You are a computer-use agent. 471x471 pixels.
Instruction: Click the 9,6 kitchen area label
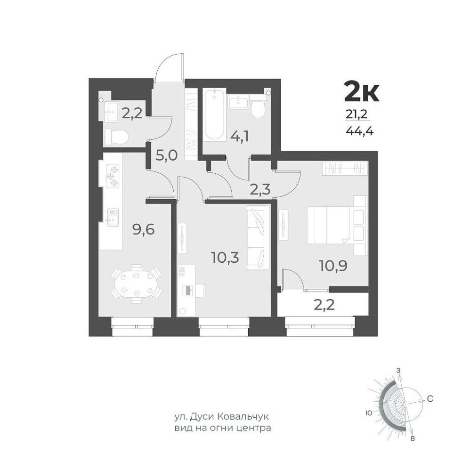point(144,230)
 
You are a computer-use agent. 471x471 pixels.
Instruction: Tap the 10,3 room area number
point(225,258)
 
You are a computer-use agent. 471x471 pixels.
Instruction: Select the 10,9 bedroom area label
point(333,266)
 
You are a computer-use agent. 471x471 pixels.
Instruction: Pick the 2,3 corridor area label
point(260,189)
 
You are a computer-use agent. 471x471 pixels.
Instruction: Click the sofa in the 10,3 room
point(258,237)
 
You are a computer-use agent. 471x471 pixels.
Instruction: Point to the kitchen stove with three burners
point(113,176)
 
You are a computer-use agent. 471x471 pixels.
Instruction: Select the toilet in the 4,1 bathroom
point(258,107)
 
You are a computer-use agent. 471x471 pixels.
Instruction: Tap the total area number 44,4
point(359,131)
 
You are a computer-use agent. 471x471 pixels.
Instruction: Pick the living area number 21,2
point(357,114)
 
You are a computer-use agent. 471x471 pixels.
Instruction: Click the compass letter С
point(430,399)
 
